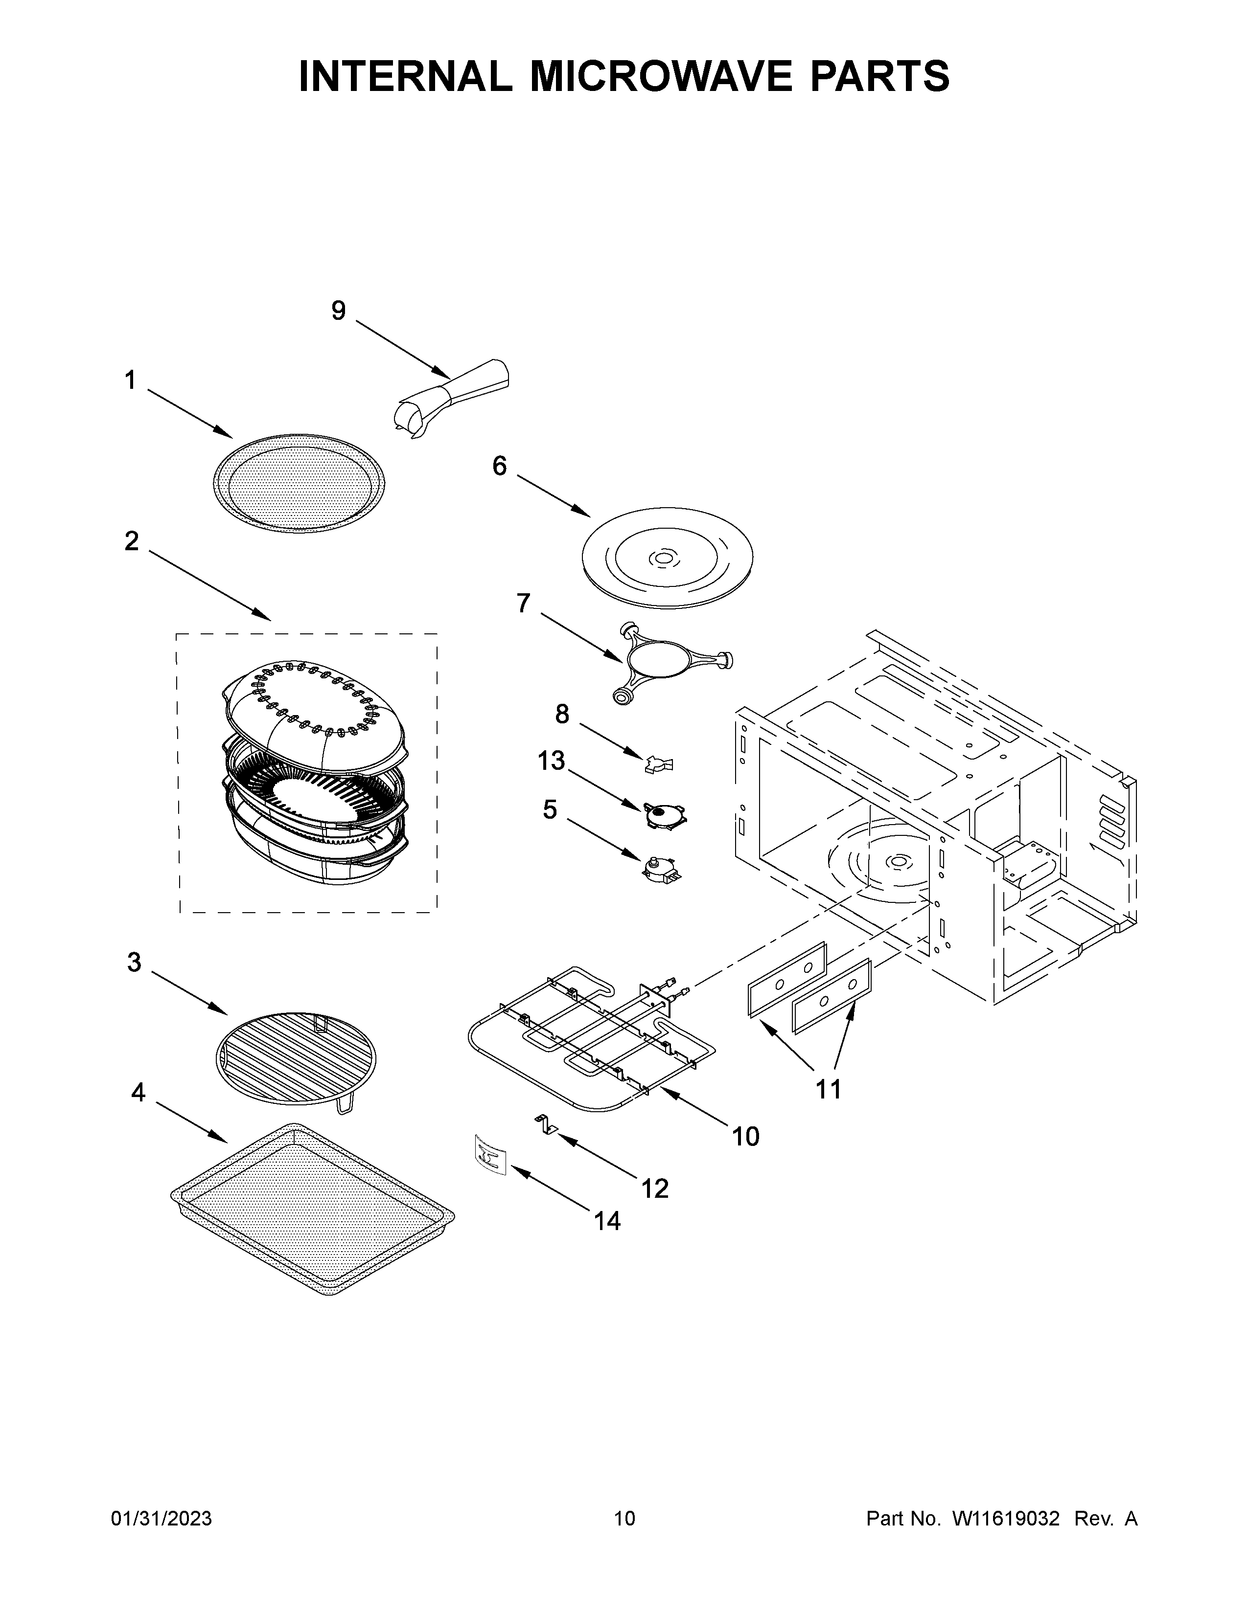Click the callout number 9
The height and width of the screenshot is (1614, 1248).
[x=338, y=311]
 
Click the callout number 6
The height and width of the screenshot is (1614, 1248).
[x=500, y=466]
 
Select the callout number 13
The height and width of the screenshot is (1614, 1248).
[x=551, y=761]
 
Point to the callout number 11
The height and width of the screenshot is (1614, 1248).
[x=828, y=1089]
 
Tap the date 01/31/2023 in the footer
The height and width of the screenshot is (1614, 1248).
[x=161, y=1519]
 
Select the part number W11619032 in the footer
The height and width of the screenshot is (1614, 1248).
[x=1006, y=1519]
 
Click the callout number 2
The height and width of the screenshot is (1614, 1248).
[x=132, y=542]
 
